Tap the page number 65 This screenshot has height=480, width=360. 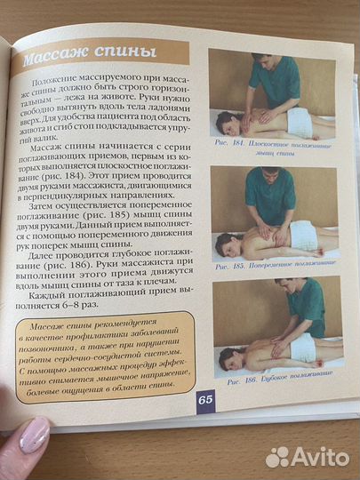(205, 399)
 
